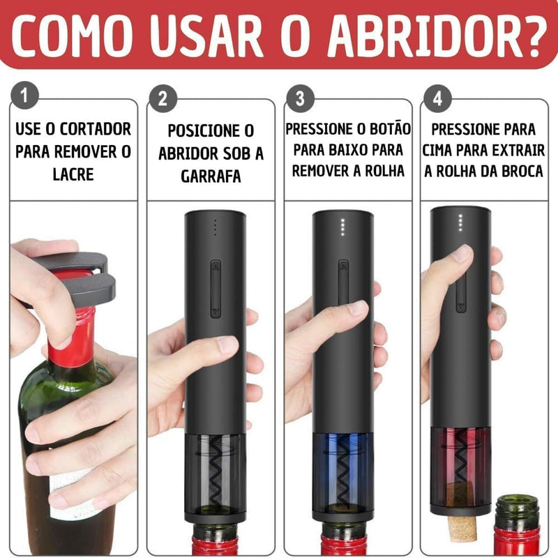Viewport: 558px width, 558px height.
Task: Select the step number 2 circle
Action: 163,98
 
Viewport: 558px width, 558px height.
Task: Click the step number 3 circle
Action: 300,98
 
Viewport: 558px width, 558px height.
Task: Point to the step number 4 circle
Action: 437,98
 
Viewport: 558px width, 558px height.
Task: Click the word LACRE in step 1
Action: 73,174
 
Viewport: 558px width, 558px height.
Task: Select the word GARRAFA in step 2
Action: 211,176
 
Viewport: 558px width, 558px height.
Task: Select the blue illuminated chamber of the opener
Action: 342,467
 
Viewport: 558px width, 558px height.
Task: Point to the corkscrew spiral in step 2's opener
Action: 216,474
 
